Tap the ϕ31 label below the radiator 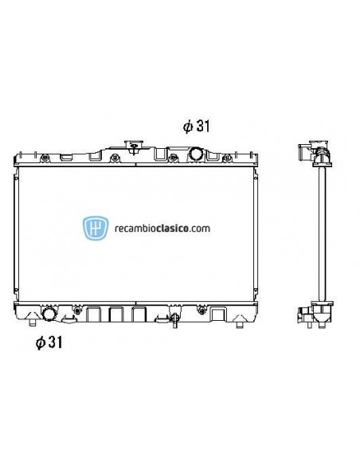[49, 343]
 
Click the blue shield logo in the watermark [96, 229]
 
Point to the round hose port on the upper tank [195, 154]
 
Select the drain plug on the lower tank [173, 320]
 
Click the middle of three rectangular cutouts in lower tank [116, 315]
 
